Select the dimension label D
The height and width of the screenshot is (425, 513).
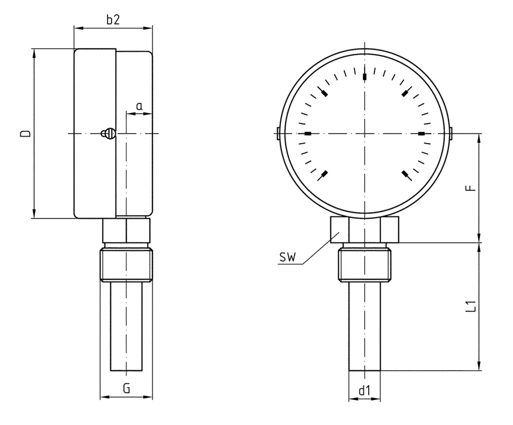[26, 133]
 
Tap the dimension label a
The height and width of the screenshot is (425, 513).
[139, 106]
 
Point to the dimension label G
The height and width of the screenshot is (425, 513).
[126, 389]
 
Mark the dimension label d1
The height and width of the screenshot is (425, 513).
[365, 391]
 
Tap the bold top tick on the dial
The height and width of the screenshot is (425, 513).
[365, 76]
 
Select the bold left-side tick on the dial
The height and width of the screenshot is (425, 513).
[308, 134]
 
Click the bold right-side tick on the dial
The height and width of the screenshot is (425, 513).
[422, 134]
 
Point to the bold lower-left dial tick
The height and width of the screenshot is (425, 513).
[324, 174]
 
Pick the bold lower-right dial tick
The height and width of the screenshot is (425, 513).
[405, 174]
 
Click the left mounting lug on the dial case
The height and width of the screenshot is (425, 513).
[278, 133]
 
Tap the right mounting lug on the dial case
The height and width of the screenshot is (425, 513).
[451, 133]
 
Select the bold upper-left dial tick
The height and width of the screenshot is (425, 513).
[324, 93]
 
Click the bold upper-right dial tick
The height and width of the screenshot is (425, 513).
[405, 93]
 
